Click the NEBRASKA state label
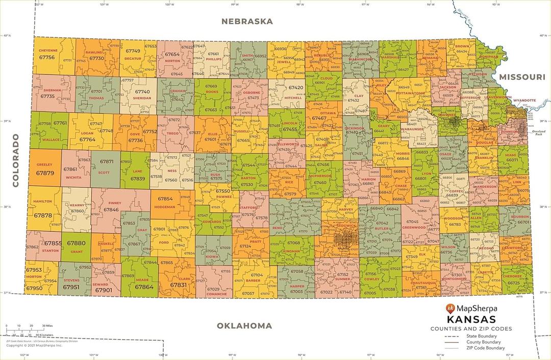pos(247,21)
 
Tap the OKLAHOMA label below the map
pos(244,326)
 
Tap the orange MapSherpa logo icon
pos(450,308)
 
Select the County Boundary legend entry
pos(483,342)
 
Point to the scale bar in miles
pos(26,328)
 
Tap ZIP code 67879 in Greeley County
pos(45,173)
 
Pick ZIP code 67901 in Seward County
pos(104,290)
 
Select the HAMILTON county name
pos(42,202)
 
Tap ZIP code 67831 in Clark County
pos(179,285)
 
